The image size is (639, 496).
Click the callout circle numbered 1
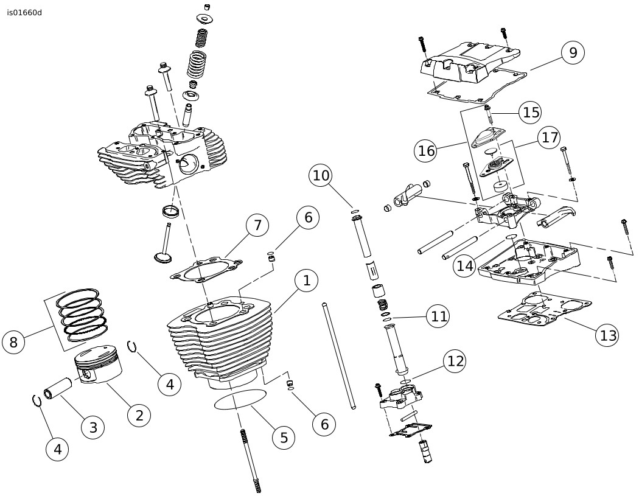click(x=307, y=281)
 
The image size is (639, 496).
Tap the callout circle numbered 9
click(x=573, y=52)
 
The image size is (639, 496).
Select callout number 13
click(x=607, y=335)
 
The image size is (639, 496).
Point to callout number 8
click(x=13, y=342)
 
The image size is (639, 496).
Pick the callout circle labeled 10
click(x=321, y=175)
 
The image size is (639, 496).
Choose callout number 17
click(x=549, y=138)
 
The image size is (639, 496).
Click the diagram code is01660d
click(x=24, y=13)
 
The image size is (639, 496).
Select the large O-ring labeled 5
click(x=240, y=399)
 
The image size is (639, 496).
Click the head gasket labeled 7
click(x=206, y=270)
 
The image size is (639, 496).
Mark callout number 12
click(x=455, y=361)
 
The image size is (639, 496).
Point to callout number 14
click(x=464, y=266)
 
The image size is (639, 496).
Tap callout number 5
click(x=284, y=437)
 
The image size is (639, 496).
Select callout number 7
click(x=257, y=225)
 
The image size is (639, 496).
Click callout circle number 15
click(x=531, y=112)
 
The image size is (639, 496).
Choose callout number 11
click(x=438, y=316)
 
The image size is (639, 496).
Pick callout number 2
click(x=139, y=415)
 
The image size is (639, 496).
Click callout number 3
click(x=93, y=427)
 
